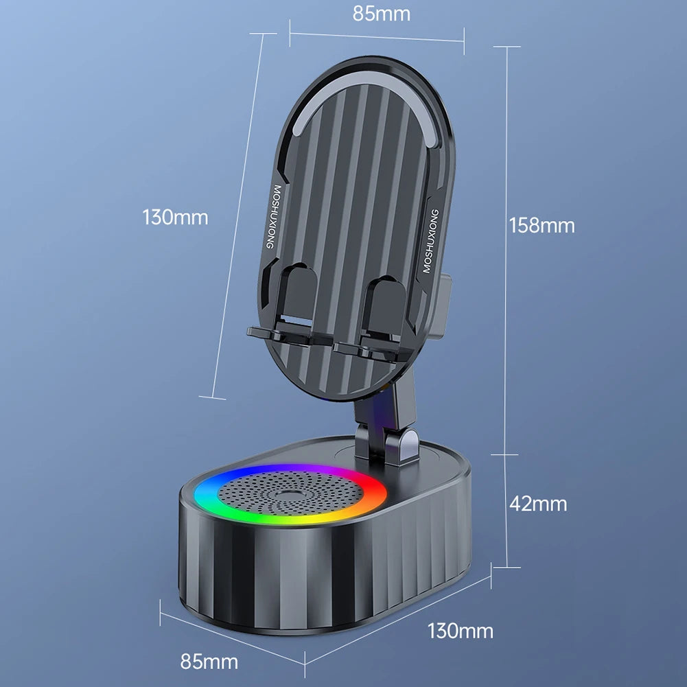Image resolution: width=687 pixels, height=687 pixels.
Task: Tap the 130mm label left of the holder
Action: (x=175, y=218)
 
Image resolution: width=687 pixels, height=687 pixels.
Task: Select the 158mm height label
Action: (x=542, y=225)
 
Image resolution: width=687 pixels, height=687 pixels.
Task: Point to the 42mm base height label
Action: (x=538, y=504)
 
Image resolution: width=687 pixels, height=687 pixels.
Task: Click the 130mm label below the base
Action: (x=460, y=630)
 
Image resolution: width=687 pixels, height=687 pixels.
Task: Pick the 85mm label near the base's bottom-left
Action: (x=209, y=662)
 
